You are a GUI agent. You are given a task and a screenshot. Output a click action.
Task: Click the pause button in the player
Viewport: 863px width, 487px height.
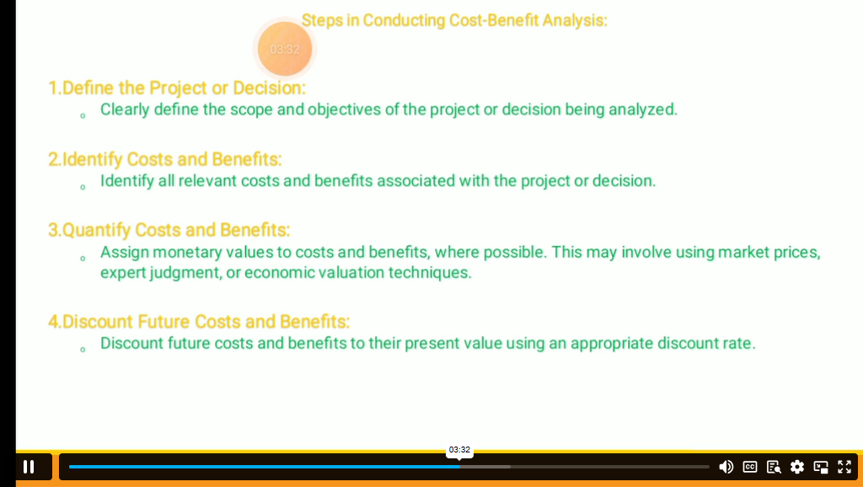29,467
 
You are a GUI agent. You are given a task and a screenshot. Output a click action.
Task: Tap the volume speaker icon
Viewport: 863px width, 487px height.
726,467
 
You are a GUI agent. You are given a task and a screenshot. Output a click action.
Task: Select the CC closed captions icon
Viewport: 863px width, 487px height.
749,467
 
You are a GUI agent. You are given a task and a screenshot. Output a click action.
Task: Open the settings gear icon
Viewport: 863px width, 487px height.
797,467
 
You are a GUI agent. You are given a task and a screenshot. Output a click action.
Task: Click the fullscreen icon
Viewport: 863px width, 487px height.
844,467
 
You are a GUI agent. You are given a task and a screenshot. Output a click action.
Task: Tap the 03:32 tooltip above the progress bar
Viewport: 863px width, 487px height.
459,450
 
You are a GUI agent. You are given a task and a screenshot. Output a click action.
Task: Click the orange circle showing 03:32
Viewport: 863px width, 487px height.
285,49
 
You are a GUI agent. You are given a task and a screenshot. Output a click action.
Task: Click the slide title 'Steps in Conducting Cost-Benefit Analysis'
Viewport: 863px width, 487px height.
454,20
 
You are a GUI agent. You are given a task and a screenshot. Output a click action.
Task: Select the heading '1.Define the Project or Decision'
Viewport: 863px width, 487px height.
177,88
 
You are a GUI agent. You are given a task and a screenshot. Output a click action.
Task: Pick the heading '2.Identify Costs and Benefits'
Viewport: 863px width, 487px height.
164,159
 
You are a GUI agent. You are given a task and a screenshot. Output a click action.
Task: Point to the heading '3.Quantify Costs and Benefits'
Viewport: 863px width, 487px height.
169,229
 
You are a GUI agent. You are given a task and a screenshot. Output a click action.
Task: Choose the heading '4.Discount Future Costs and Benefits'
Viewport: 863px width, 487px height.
199,321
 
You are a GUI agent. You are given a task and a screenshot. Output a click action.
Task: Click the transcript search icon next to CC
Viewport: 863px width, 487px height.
774,467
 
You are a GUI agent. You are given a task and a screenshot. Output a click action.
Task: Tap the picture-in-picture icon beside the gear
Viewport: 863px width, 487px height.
821,467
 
